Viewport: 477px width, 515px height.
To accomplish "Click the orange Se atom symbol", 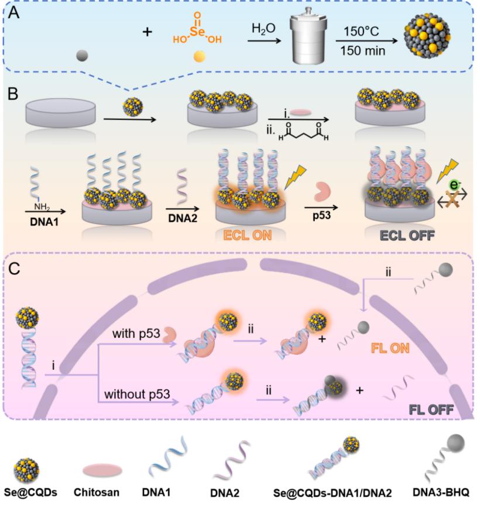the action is click(197, 32).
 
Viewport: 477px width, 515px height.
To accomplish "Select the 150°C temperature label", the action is click(361, 32).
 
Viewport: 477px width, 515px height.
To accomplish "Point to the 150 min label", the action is click(362, 51).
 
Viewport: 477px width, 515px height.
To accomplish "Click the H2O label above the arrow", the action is click(263, 29).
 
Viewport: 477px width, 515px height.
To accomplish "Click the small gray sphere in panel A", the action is click(82, 56).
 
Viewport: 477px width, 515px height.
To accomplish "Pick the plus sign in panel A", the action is click(147, 32).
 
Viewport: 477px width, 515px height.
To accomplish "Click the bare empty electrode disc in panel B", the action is click(60, 112).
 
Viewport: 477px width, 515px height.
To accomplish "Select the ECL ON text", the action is click(248, 235).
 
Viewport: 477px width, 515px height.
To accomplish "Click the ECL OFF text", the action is click(407, 235).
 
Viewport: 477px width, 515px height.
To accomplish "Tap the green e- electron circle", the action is click(454, 185).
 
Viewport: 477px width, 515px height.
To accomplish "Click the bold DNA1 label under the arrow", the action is click(44, 222).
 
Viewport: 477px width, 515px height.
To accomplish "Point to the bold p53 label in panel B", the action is click(322, 215).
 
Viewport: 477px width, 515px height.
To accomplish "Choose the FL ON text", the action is click(390, 348).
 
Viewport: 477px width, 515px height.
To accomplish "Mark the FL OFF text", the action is click(431, 410).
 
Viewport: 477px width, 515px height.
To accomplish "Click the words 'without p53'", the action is click(137, 394).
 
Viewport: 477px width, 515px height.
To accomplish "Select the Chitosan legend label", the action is click(96, 492).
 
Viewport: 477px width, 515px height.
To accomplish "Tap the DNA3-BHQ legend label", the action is click(441, 492).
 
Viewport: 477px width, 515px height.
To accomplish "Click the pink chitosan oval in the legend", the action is click(102, 471).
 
